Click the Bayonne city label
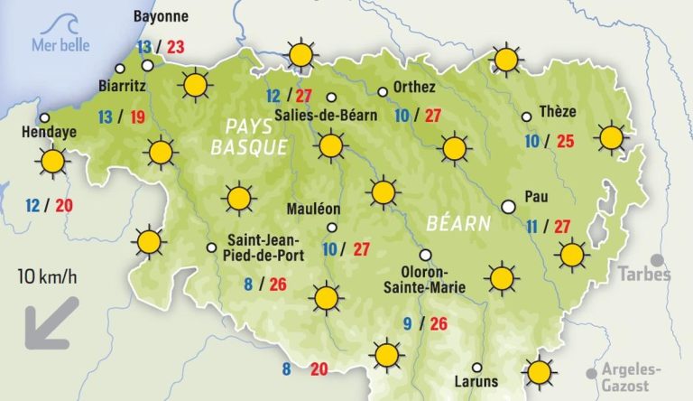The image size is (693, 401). click(x=161, y=16)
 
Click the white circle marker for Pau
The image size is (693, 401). click(x=508, y=206)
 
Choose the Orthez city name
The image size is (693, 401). click(x=414, y=88)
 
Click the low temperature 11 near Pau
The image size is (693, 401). click(x=531, y=226)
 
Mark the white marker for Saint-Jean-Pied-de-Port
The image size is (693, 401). click(x=211, y=247)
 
